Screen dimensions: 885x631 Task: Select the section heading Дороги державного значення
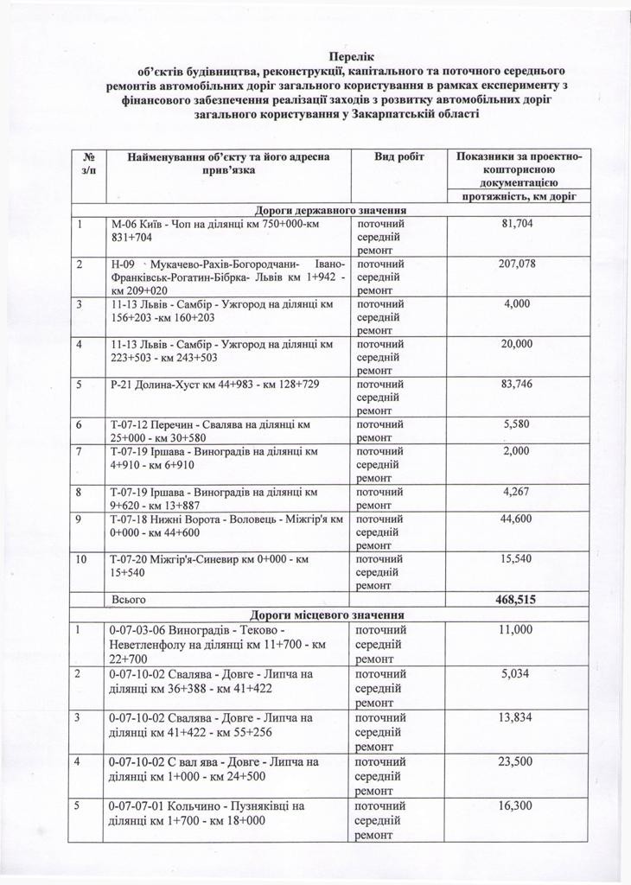click(330, 210)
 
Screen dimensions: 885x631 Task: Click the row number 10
click(82, 559)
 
